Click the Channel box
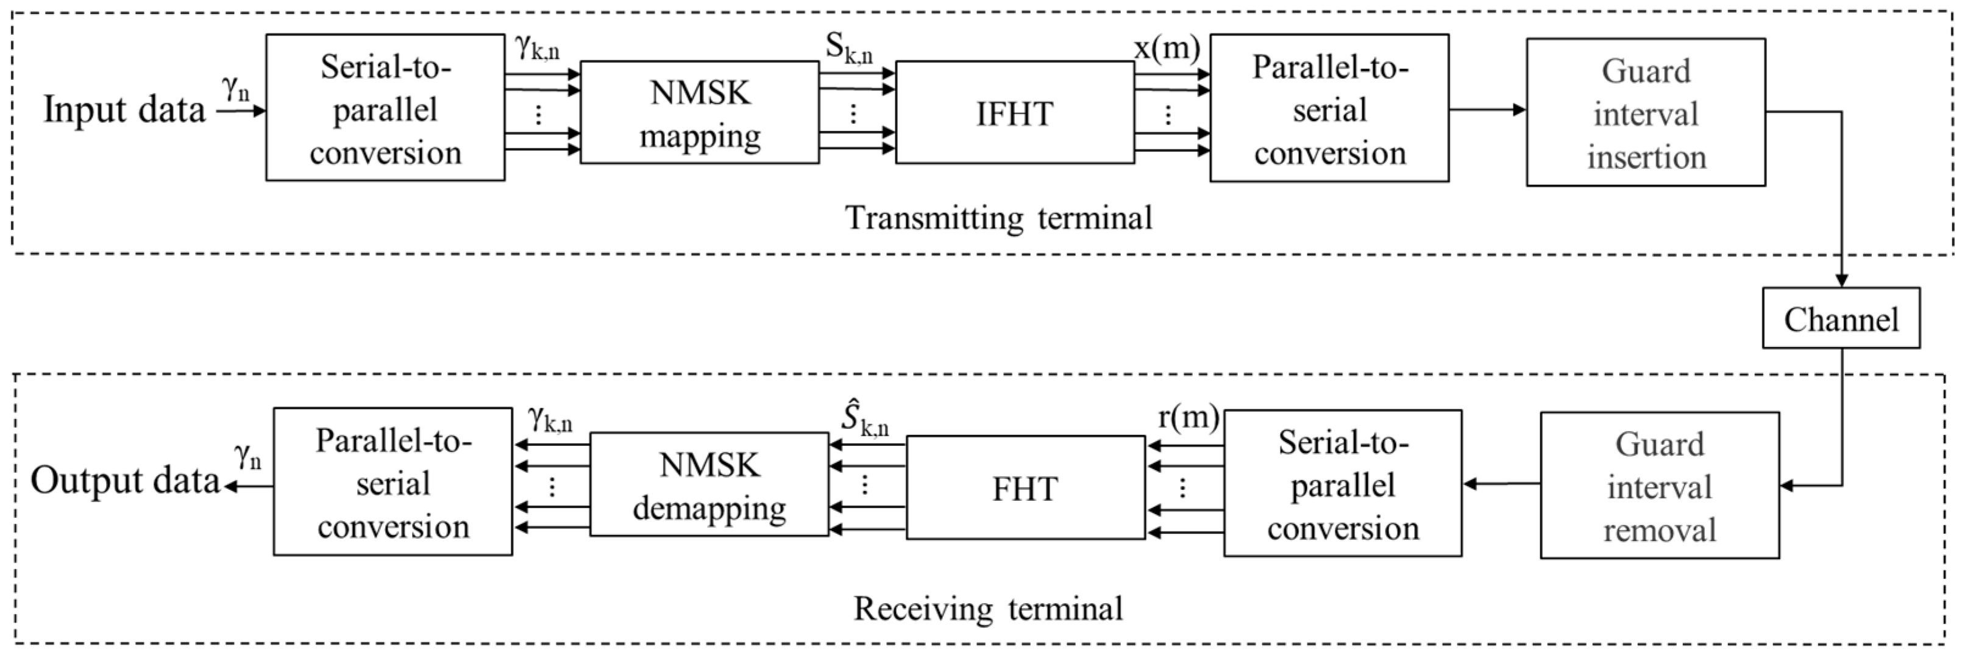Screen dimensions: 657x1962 [x=1840, y=318]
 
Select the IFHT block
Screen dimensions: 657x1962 [x=1014, y=113]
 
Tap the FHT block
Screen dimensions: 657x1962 [x=1025, y=488]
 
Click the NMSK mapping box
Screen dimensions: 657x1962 [x=699, y=113]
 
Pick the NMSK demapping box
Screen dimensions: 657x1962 [x=708, y=486]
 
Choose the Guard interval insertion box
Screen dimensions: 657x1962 [x=1645, y=113]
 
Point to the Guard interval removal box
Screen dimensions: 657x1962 [x=1659, y=486]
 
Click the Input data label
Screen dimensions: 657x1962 [x=124, y=110]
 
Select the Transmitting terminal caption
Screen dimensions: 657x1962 [x=998, y=218]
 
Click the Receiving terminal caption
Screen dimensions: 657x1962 [x=988, y=609]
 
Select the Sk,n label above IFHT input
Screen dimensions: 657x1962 [x=848, y=48]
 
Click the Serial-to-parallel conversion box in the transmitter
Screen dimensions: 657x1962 [x=385, y=108]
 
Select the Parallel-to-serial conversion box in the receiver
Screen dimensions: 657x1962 [x=393, y=483]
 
